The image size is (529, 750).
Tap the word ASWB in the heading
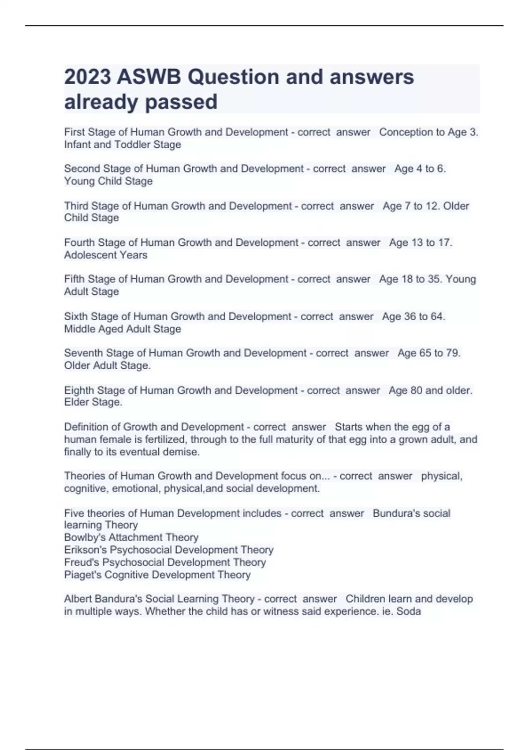(x=149, y=77)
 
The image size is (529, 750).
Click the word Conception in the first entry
(x=406, y=132)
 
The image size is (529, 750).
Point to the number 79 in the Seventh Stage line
(x=452, y=353)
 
